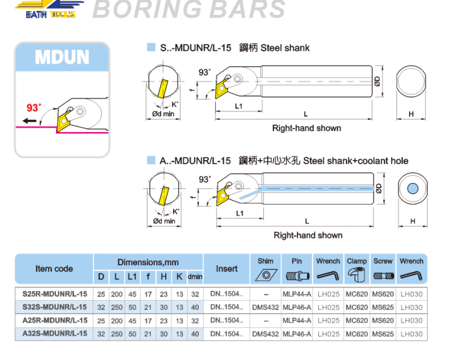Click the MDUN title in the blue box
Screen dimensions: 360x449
[62, 57]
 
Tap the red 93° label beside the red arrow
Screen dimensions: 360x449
[34, 107]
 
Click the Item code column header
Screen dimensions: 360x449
[54, 269]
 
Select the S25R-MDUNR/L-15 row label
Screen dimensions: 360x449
[55, 294]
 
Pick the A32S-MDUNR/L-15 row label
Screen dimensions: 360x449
[55, 334]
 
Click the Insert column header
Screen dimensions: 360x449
[227, 269]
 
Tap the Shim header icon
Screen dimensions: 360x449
[266, 275]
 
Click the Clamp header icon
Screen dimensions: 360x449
[357, 275]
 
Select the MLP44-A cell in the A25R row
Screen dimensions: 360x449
[296, 321]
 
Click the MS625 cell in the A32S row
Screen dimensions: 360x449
[383, 334]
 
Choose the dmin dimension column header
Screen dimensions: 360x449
[195, 277]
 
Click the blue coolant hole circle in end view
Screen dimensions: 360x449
[411, 189]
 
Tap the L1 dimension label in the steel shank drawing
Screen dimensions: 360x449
[239, 106]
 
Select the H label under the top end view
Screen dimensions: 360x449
[411, 114]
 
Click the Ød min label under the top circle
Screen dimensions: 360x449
[163, 114]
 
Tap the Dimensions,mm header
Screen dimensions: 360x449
[148, 262]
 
